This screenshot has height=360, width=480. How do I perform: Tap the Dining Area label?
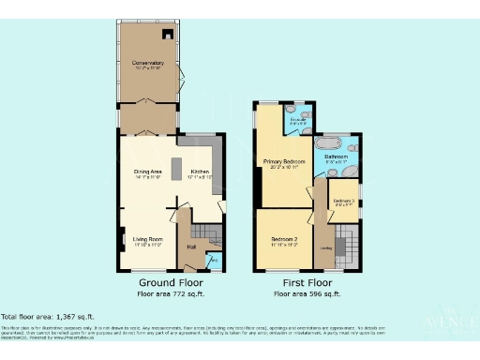coord(148,174)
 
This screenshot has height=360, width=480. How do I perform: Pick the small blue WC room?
coord(214,260)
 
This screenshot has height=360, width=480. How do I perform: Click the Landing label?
coord(325,247)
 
